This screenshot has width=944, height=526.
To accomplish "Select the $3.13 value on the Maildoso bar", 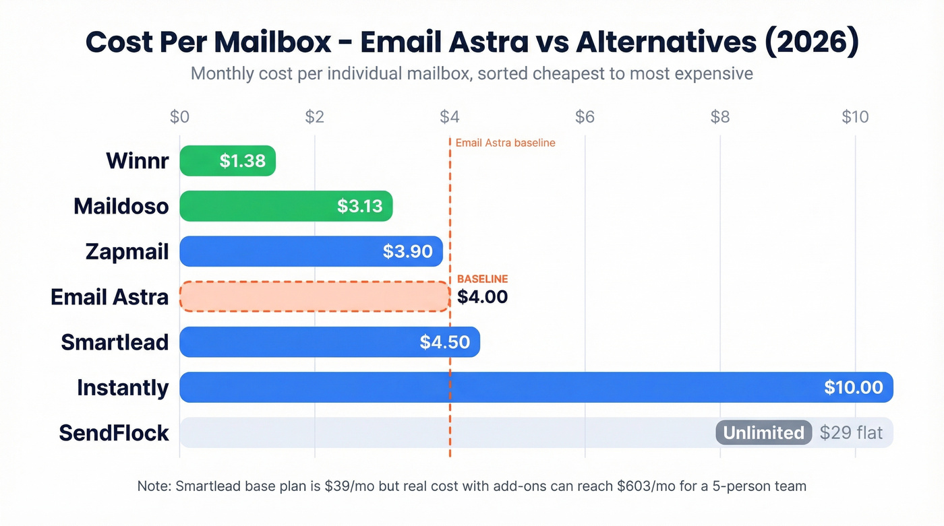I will pos(360,206).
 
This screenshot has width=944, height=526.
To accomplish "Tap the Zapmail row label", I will pos(127,251).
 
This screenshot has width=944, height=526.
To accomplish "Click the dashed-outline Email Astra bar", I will pos(314,296).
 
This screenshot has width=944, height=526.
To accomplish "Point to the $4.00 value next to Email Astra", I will pos(482,297).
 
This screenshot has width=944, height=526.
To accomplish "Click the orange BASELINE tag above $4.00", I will pos(482,279).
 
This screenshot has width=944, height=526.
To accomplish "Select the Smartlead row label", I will pos(115,342).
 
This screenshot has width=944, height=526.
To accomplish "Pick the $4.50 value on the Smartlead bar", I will pos(444,342).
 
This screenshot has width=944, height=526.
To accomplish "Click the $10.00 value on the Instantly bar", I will pos(853,387).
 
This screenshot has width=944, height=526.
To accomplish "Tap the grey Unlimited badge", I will pos(763,432).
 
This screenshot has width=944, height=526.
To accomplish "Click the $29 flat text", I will pos(851,432).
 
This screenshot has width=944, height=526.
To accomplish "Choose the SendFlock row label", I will pos(114,432).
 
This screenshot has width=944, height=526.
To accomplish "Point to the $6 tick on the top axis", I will pos(585,117).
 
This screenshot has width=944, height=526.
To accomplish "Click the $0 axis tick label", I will pos(179,117).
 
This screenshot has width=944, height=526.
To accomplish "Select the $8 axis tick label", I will pos(720,117).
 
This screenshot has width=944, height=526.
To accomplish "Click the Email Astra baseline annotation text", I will pos(505,143).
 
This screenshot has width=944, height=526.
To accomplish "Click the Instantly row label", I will pos(123,387).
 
